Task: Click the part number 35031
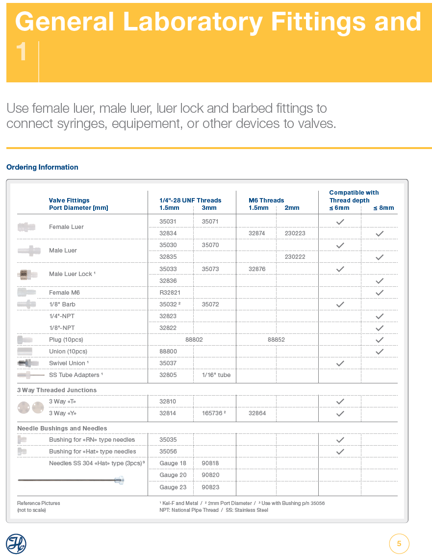(x=168, y=222)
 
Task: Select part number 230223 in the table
(x=295, y=233)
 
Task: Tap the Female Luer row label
(x=66, y=227)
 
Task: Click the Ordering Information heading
(x=42, y=167)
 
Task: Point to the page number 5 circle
(x=399, y=544)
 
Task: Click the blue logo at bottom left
(x=16, y=544)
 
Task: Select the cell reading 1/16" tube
(x=216, y=375)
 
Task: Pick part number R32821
(x=170, y=293)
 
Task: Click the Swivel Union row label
(x=69, y=363)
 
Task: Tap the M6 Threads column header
(x=266, y=200)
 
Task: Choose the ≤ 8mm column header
(x=383, y=208)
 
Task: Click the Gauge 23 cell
(x=173, y=487)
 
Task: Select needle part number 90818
(x=210, y=463)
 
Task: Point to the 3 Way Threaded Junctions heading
(x=57, y=390)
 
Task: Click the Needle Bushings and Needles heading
(x=62, y=429)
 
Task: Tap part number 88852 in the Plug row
(x=276, y=339)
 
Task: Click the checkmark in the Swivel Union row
(x=340, y=363)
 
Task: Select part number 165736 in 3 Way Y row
(x=213, y=413)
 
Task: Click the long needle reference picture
(x=71, y=480)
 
